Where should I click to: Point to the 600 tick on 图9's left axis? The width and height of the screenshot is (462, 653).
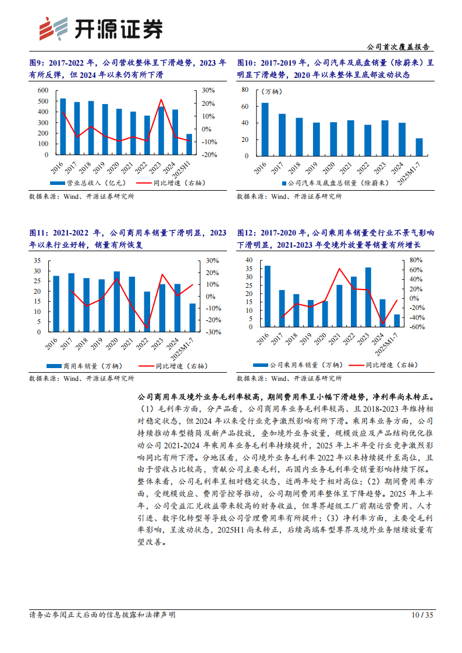point(42,90)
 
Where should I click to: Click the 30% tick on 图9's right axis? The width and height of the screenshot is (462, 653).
point(208,90)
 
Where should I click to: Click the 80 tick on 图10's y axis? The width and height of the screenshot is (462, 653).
point(244,90)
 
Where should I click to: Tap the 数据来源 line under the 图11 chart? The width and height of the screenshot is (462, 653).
point(81,378)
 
